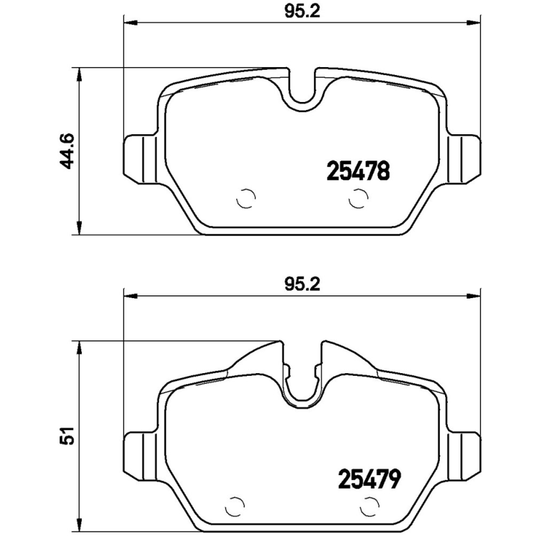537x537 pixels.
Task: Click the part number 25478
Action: pyautogui.click(x=358, y=171)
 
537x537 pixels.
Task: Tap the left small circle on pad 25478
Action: pyautogui.click(x=246, y=199)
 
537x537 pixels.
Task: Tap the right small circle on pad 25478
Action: pyautogui.click(x=358, y=199)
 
